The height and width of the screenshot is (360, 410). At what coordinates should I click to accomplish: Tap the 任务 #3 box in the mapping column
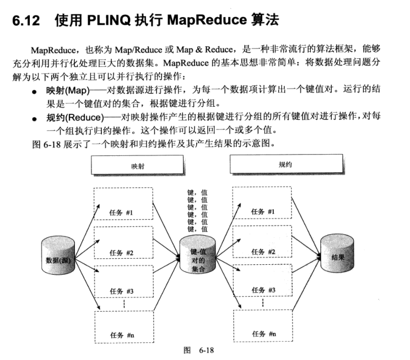[123, 282]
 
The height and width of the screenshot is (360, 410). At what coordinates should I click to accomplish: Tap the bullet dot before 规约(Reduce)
[35, 119]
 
